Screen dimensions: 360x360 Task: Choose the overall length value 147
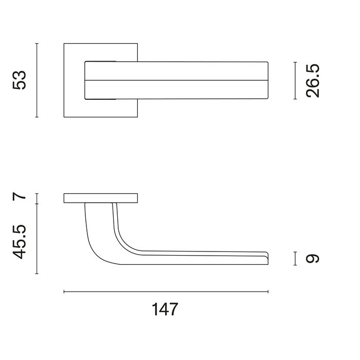tap(165, 310)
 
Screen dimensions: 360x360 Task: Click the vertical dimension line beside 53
tap(37, 80)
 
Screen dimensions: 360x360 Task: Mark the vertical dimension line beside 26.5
tap(295, 80)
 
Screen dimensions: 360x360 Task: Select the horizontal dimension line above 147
tap(166, 292)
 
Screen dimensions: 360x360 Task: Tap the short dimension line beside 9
tap(295, 258)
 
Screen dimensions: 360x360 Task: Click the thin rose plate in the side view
tap(101, 198)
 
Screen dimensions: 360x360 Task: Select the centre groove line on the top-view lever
tap(175, 80)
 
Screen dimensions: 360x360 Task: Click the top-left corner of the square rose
tap(64, 44)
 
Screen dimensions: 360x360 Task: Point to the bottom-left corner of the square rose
tap(64, 117)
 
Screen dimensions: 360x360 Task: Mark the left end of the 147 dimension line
tap(64, 292)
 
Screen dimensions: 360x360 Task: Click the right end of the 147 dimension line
tap(268, 292)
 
